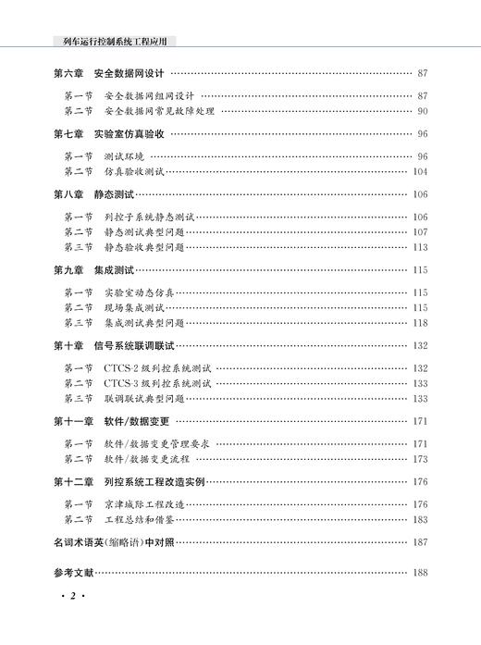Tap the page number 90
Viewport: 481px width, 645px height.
[x=421, y=111]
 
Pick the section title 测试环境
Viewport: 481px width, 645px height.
[x=125, y=156]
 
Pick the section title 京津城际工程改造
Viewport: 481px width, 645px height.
[x=144, y=504]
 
